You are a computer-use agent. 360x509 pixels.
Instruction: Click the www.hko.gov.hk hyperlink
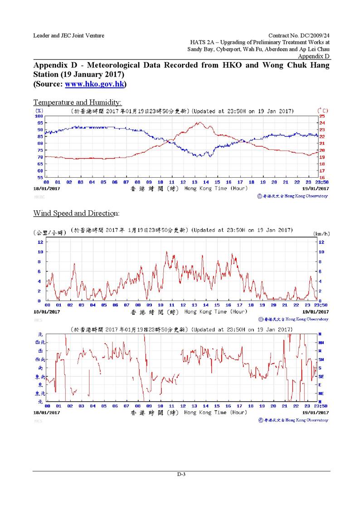coord(95,84)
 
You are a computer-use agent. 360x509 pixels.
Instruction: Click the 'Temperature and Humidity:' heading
coord(77,102)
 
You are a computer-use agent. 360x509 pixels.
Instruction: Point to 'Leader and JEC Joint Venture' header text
coord(68,35)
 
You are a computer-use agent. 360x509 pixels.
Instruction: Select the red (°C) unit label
coord(323,111)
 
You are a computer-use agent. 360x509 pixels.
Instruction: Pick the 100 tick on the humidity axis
coord(39,116)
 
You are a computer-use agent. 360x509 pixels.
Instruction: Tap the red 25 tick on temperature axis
coord(322,116)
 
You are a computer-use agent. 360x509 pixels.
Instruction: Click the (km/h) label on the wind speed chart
coord(321,234)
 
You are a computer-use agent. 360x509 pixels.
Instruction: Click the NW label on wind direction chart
coord(321,343)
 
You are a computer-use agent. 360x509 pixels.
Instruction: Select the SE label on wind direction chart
coord(321,376)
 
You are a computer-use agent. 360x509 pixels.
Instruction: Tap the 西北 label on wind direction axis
coord(39,343)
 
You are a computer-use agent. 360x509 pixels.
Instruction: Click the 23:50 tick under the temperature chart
coord(321,182)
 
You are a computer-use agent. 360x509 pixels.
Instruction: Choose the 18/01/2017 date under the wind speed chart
coord(47,312)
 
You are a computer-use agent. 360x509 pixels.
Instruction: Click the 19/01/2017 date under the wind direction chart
coord(316,413)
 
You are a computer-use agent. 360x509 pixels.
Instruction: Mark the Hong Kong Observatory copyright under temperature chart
coord(292,196)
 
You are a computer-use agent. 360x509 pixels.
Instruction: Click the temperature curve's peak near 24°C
coord(199,122)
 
